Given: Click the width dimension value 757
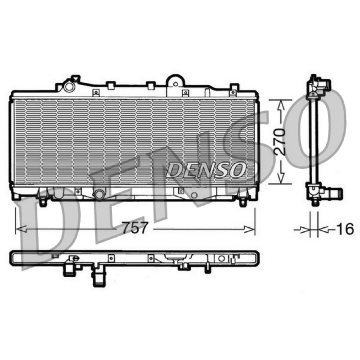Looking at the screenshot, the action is click(x=135, y=228).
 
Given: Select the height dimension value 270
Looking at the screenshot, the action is click(x=279, y=142).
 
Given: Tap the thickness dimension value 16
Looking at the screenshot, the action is click(x=345, y=229).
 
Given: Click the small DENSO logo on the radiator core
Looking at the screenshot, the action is click(x=206, y=170).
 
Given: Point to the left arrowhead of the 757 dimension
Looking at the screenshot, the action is click(x=21, y=229).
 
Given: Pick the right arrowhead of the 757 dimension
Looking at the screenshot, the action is click(x=249, y=229).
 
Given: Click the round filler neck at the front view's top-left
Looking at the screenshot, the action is click(x=69, y=87).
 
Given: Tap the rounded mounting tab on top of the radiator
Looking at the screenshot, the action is click(x=175, y=81).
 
